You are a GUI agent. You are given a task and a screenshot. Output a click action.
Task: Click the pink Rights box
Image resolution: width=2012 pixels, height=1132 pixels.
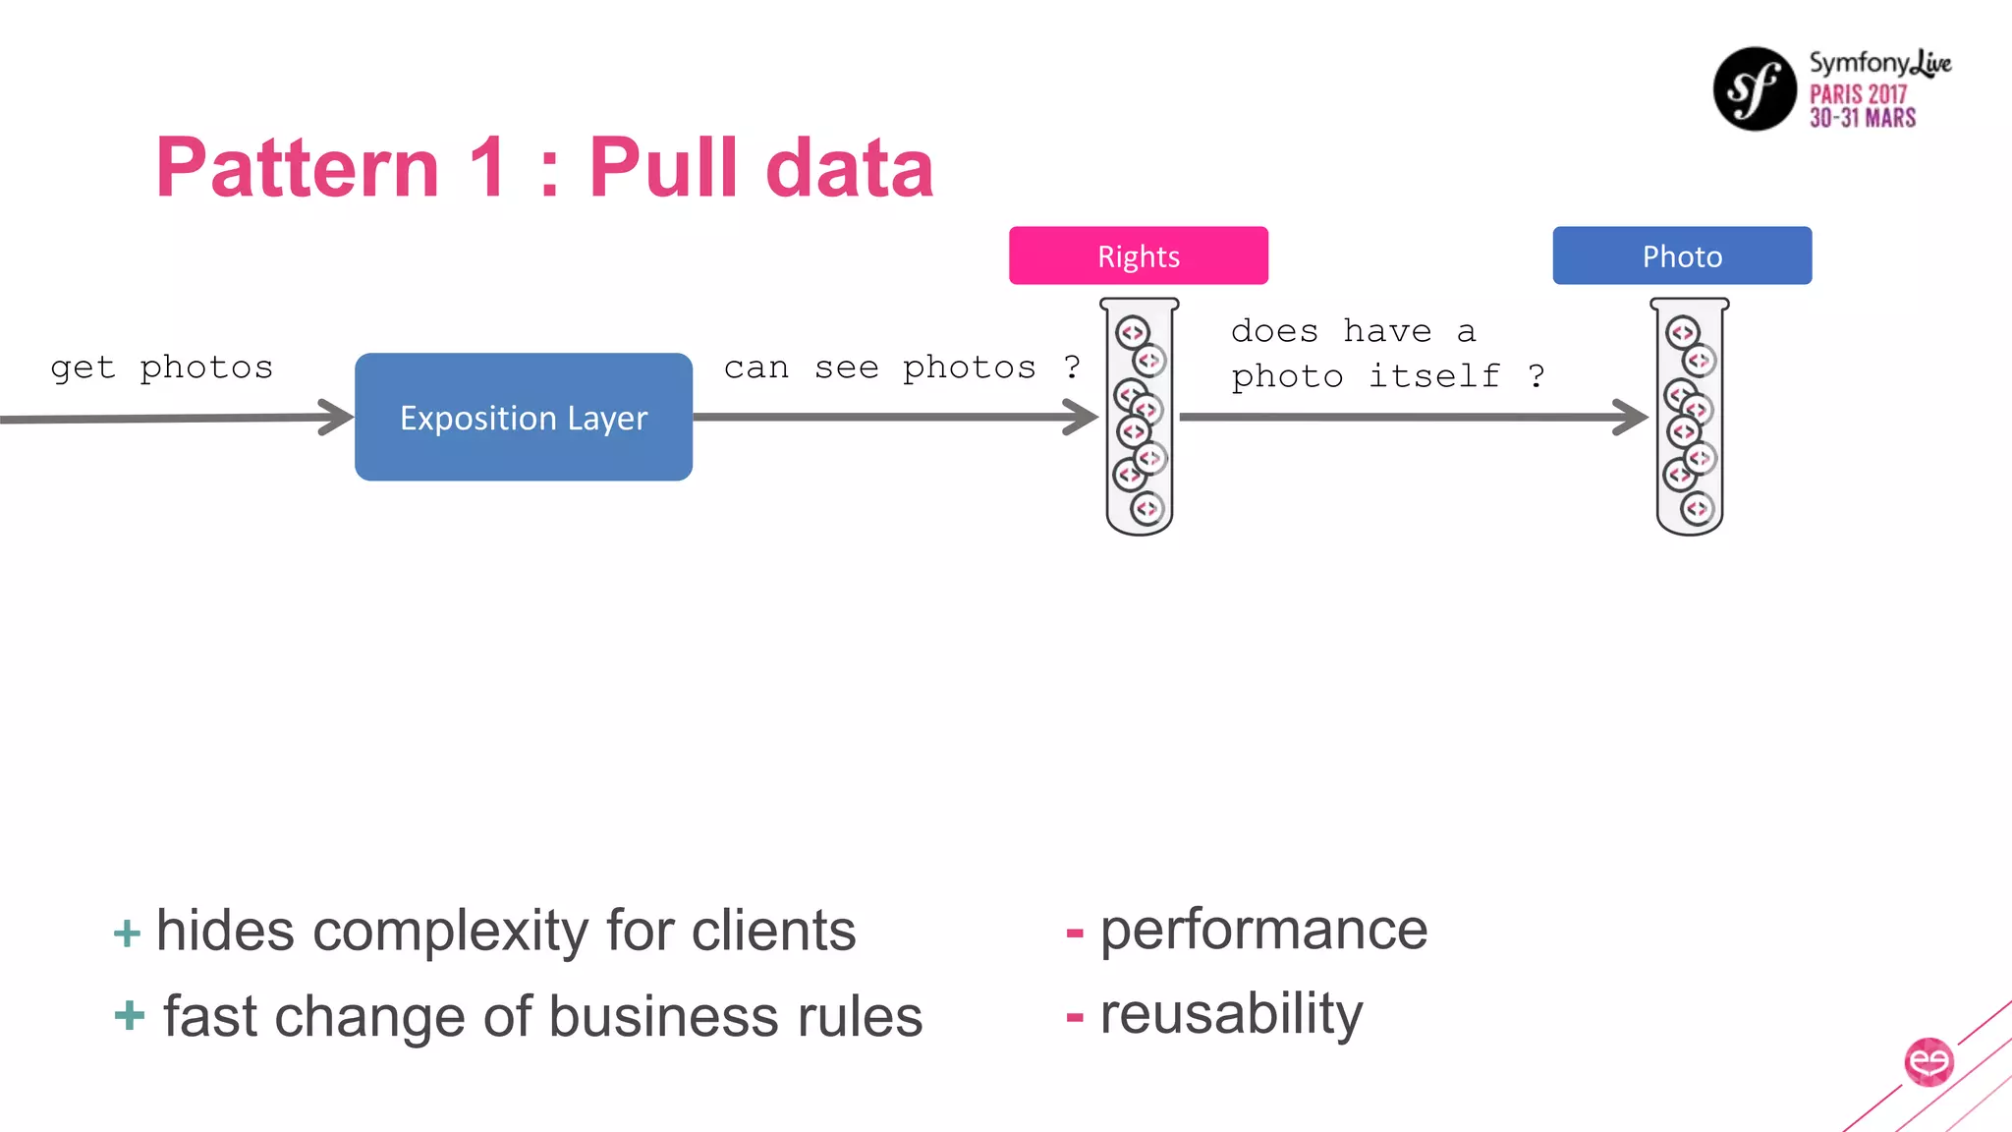[x=1138, y=255]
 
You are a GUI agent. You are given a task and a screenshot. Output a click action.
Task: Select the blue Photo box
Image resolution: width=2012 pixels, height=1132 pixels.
[x=1681, y=255]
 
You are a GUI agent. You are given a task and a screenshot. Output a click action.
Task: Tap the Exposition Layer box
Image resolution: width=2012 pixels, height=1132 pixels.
[x=523, y=417]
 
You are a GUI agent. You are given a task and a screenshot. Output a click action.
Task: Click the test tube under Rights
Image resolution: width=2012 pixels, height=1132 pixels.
[x=1139, y=417]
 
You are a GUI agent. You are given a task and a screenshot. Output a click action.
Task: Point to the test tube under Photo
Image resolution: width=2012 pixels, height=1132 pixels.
[x=1689, y=417]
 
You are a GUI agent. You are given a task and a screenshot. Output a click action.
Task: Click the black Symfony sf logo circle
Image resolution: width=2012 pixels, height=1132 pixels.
[x=1755, y=88]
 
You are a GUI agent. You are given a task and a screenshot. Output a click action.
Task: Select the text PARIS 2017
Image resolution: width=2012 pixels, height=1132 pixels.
[x=1857, y=94]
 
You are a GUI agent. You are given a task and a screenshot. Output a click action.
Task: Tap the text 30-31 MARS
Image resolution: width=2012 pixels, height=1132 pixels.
[x=1863, y=118]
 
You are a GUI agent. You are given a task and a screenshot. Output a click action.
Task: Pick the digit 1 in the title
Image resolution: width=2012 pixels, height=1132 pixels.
[x=488, y=167]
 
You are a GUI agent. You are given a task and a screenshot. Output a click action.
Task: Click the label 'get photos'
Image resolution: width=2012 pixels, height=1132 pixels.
[x=162, y=368]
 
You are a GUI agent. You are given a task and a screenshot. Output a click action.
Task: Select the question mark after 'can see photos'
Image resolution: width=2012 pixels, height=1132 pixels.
[x=1072, y=367]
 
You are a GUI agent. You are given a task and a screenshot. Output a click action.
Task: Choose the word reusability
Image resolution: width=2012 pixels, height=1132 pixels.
[x=1231, y=1014]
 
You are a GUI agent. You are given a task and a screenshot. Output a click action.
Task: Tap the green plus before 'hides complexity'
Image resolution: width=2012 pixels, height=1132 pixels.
[x=127, y=933]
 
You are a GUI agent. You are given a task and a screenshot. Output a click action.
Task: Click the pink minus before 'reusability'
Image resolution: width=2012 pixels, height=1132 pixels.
[x=1075, y=1018]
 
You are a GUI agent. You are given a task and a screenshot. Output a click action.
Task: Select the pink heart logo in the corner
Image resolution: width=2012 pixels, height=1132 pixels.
[x=1928, y=1061]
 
